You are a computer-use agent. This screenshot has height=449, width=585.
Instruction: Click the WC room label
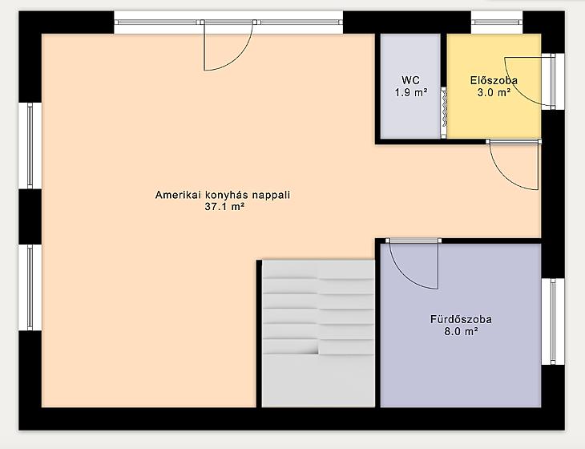(x=410, y=80)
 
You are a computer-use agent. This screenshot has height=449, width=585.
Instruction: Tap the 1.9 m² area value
(x=411, y=92)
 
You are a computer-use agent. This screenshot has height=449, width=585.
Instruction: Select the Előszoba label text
(x=494, y=80)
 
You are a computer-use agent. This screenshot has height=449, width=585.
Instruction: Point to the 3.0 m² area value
(x=494, y=92)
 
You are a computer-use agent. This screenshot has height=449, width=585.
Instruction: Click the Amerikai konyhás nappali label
(x=223, y=195)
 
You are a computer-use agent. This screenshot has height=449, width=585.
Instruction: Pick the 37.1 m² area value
(x=224, y=206)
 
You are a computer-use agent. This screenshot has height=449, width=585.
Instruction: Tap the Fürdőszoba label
(x=461, y=319)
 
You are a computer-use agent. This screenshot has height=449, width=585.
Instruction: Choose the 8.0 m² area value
(x=461, y=331)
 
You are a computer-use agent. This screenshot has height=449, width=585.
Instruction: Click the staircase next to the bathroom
(x=318, y=334)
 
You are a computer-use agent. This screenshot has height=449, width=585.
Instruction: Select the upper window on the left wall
(x=30, y=146)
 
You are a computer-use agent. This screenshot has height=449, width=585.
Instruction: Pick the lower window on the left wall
(x=30, y=287)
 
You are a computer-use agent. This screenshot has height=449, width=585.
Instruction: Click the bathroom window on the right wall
(x=553, y=322)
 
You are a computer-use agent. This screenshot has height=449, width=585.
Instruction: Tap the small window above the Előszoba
(x=497, y=22)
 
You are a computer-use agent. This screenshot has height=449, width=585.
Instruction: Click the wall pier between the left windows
(x=30, y=216)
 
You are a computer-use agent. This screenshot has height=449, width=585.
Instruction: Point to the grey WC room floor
(x=410, y=87)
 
